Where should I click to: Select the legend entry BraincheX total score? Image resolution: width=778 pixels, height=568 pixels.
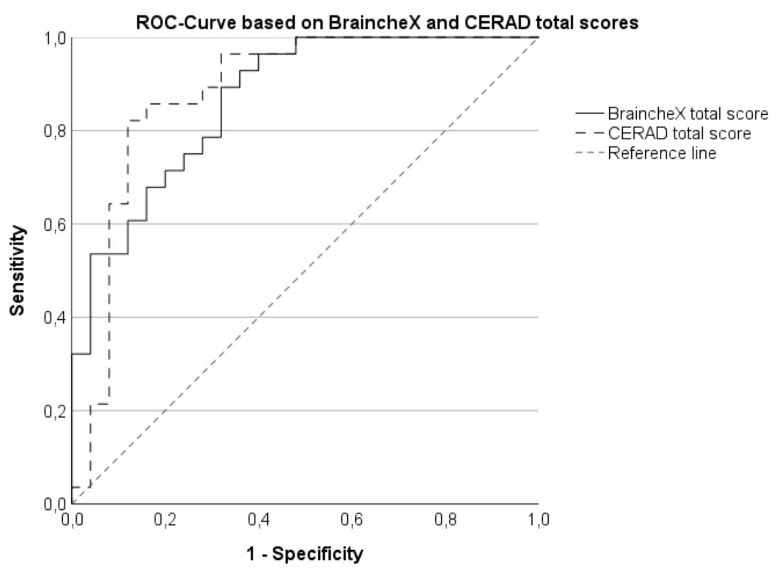tap(687, 112)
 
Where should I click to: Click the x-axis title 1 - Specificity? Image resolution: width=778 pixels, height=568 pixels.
tap(305, 553)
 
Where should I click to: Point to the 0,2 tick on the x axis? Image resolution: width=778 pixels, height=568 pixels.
tap(165, 519)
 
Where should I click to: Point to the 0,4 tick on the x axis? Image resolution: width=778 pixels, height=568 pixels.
tap(258, 519)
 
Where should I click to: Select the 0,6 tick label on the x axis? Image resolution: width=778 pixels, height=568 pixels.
tap(351, 519)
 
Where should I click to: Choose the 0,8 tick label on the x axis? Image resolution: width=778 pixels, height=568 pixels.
tap(445, 519)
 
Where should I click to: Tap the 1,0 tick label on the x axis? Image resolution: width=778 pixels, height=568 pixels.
tap(538, 519)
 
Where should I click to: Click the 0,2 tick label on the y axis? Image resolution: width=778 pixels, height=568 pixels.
tap(54, 411)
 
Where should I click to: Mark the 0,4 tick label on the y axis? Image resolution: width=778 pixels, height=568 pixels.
tap(54, 317)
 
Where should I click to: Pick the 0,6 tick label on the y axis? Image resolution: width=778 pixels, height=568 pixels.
tap(54, 224)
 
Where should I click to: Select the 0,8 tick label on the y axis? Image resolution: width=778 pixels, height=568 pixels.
tap(54, 131)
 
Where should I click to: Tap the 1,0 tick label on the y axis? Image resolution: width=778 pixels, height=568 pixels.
tap(54, 38)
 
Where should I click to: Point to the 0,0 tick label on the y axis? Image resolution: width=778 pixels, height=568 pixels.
tap(54, 504)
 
